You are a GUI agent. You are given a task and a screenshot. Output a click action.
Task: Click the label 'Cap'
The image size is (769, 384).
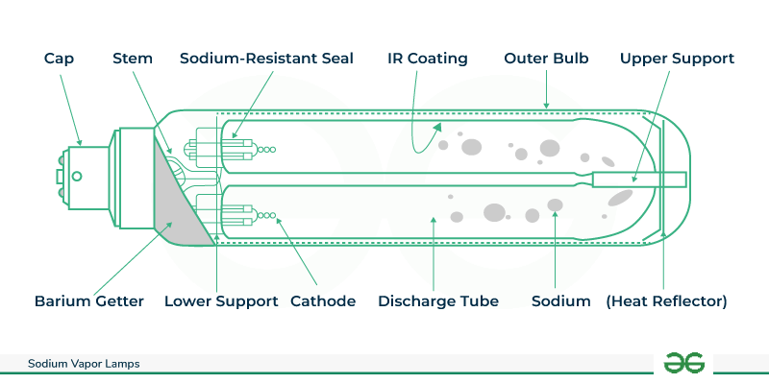[x=59, y=59]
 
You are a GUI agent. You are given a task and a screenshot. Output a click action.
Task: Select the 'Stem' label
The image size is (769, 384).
[x=133, y=59]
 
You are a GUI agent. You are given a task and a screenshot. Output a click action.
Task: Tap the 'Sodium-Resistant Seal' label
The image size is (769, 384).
[x=267, y=59]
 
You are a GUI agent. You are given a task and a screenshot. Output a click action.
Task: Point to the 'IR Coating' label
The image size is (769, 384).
[x=428, y=59]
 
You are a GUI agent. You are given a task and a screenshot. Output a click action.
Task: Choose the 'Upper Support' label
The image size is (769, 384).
[x=677, y=59]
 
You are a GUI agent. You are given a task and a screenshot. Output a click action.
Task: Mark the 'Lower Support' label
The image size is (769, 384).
[x=221, y=301]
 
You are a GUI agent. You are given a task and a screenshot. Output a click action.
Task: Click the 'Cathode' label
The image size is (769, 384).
[x=322, y=301]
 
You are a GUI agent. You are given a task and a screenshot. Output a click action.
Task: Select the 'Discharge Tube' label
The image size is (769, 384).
[x=438, y=301]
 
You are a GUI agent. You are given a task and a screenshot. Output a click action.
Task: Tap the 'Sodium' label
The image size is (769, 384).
[x=560, y=301]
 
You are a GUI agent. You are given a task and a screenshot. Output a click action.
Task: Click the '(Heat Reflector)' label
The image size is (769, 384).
[x=666, y=301]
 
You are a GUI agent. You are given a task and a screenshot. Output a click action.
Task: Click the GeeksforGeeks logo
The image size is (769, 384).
[x=684, y=363]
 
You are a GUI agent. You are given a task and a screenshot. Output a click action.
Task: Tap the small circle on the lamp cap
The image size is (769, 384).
[x=76, y=176]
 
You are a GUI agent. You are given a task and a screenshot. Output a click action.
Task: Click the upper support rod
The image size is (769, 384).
[x=639, y=180]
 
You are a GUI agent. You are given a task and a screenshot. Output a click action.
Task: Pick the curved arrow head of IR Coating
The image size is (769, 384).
[x=438, y=125]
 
